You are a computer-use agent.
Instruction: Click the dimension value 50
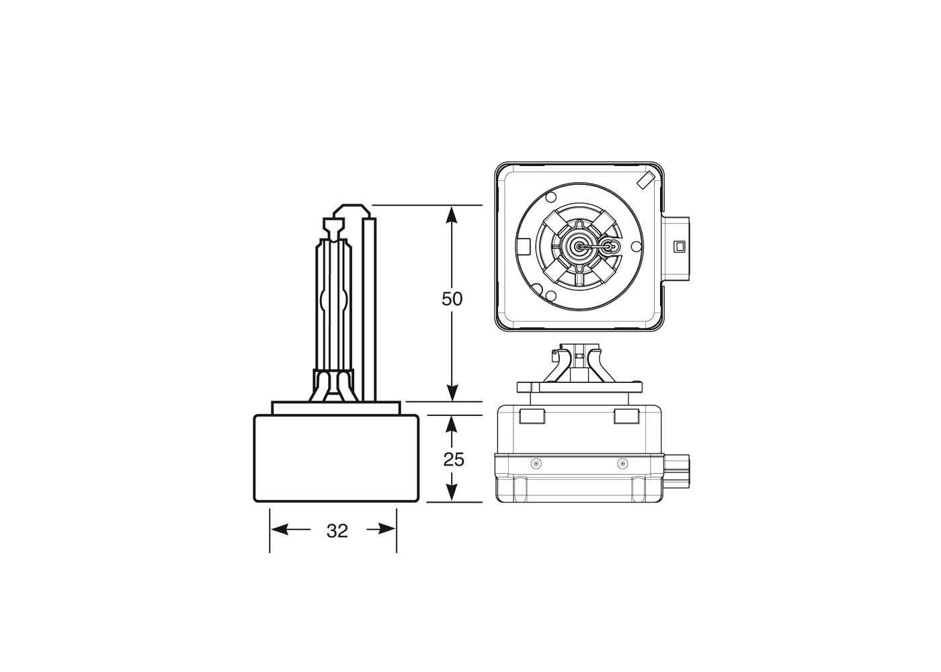tap(452, 299)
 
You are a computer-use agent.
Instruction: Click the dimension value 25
tap(454, 460)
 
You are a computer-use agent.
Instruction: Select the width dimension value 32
tap(337, 531)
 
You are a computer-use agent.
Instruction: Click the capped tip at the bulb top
tap(334, 224)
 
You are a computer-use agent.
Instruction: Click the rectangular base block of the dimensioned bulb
tap(336, 458)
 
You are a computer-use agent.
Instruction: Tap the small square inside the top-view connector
tap(679, 246)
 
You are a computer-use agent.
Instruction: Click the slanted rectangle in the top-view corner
tap(644, 180)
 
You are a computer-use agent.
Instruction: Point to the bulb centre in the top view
tap(579, 247)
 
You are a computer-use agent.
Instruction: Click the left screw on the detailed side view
tap(535, 464)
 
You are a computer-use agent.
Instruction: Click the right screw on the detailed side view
tap(622, 464)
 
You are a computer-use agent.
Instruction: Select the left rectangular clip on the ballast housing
tap(531, 417)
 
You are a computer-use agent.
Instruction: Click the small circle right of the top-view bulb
tap(610, 247)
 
